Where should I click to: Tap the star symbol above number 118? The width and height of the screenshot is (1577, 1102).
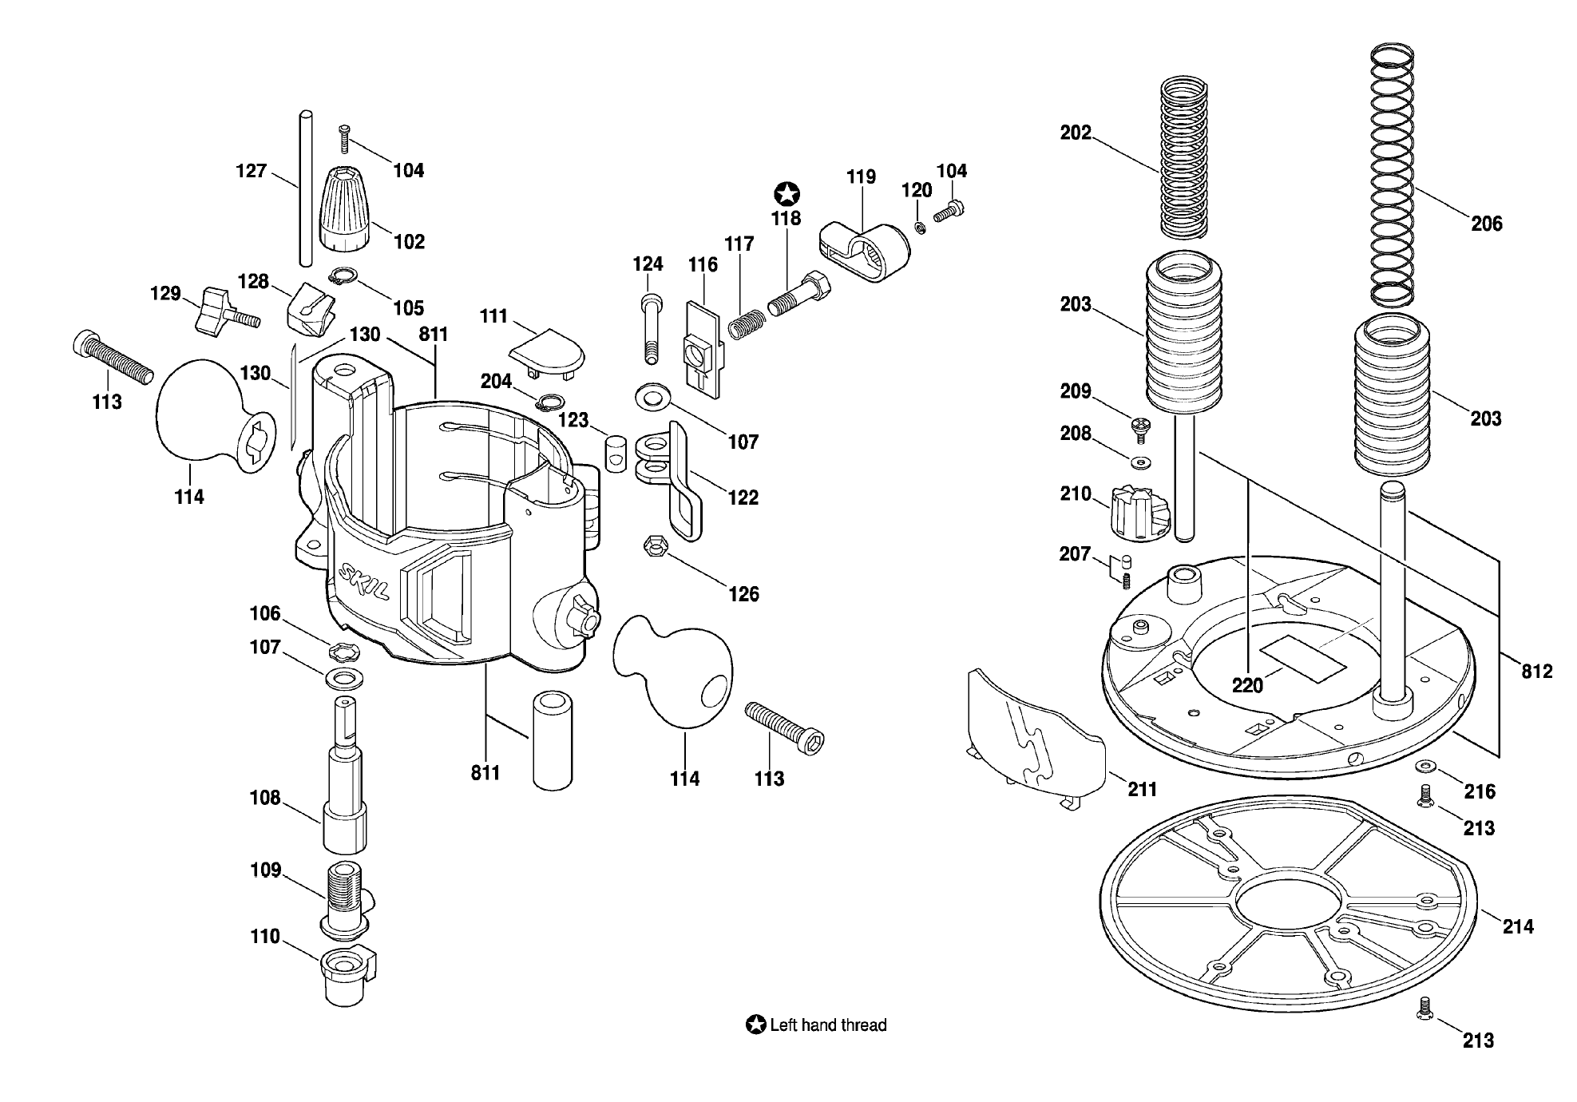787,194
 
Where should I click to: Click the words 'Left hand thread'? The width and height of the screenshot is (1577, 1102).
828,1025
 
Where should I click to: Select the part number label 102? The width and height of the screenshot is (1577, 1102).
410,241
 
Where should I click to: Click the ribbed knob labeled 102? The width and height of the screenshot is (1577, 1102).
347,209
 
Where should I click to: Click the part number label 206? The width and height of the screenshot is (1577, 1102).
1487,224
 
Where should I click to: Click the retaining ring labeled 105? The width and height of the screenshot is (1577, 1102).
343,276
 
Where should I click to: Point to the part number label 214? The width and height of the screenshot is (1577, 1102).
1518,926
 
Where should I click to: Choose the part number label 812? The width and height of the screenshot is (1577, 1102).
1536,672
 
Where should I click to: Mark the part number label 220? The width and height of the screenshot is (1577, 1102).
1247,685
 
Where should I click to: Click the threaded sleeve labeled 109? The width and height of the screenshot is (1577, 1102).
345,899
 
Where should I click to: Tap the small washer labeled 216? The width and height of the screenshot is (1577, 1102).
1425,767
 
